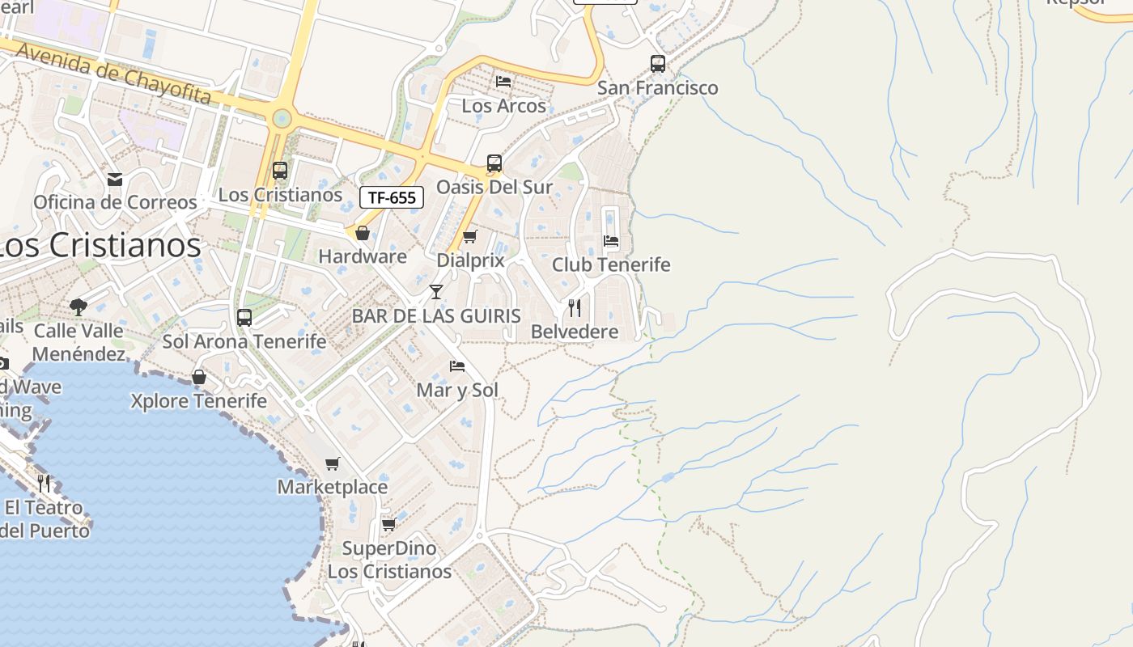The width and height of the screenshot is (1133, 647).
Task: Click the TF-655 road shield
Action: click(392, 197)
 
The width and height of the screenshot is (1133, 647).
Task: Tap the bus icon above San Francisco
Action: click(658, 63)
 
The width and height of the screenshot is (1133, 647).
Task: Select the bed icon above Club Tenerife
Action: click(611, 241)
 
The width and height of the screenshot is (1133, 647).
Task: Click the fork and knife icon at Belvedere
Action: click(575, 307)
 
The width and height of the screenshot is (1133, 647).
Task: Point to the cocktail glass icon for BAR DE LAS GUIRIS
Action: click(436, 292)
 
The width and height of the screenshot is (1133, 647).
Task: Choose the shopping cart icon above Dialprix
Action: click(469, 237)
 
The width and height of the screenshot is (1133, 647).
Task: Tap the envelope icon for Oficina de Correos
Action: click(115, 179)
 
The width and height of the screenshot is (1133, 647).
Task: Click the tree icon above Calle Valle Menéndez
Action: click(79, 307)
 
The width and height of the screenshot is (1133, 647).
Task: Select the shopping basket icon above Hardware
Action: click(363, 233)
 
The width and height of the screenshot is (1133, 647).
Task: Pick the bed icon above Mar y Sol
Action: click(457, 366)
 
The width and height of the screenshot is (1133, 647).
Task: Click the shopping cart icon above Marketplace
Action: click(333, 463)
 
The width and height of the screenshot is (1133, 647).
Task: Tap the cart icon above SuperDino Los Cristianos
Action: click(388, 524)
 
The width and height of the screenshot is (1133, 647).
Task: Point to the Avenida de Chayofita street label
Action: click(113, 74)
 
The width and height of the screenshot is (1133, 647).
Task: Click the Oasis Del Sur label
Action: click(494, 187)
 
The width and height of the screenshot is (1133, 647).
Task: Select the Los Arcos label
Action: click(503, 106)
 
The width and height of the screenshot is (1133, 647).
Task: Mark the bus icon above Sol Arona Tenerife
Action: click(244, 318)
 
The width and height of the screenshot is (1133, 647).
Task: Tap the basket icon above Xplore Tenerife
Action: click(199, 377)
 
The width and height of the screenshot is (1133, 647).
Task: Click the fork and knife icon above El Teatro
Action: click(44, 484)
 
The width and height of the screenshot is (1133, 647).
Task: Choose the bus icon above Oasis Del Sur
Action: click(494, 163)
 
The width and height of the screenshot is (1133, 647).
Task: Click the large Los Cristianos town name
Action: click(99, 245)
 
